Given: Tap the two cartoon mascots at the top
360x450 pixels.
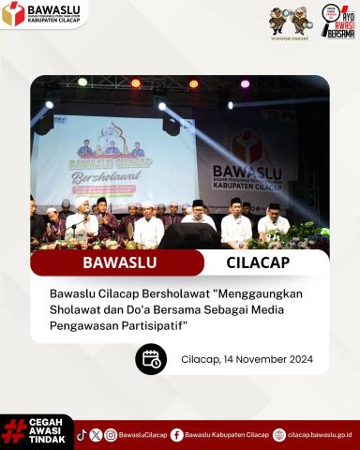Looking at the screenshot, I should tap(288, 19).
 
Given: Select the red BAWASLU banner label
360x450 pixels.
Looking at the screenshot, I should tap(116, 262).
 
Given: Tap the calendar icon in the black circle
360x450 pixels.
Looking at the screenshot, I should tap(151, 358).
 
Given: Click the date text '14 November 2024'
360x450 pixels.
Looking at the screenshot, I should tap(261, 359).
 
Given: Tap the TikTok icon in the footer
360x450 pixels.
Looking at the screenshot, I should tap(82, 434).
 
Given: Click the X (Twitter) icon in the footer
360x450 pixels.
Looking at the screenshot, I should tap(96, 434).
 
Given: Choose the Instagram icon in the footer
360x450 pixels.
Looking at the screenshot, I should tap(111, 434).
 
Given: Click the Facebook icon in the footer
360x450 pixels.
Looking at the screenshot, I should tap(176, 434).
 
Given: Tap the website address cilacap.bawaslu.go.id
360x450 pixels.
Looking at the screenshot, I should tap(320, 435).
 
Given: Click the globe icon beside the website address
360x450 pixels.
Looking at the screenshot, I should tap(278, 434).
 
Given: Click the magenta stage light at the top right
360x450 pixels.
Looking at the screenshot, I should tap(245, 83).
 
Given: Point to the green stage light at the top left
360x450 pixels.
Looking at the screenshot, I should tap(82, 82).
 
